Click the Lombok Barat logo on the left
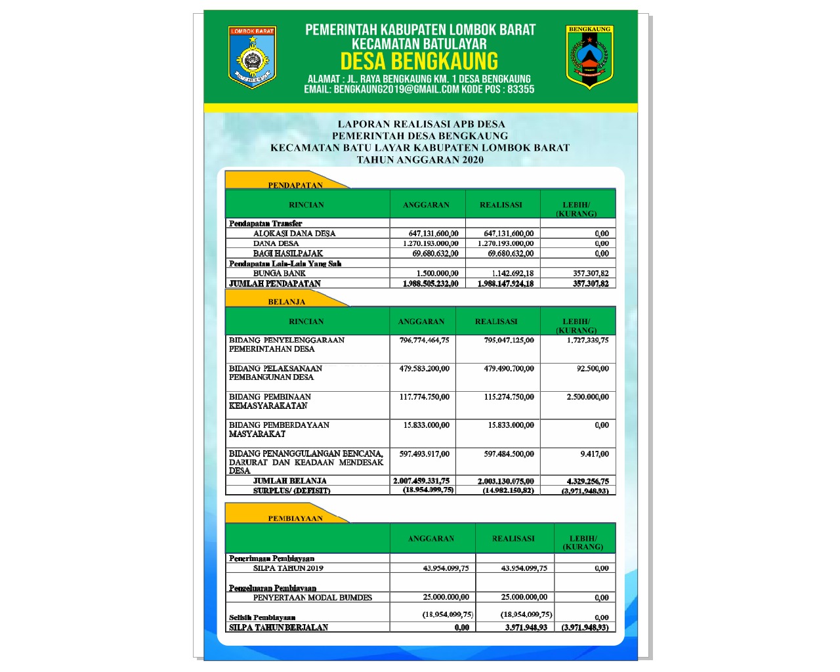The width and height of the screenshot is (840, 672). (x=252, y=57)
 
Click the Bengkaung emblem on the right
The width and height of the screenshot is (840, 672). (x=589, y=57)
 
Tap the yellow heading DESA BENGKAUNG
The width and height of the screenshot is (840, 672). (x=419, y=62)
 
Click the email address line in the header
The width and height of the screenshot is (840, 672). (x=419, y=89)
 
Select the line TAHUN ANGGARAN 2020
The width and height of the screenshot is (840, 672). (x=420, y=159)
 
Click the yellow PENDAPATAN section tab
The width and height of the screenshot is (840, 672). (x=295, y=184)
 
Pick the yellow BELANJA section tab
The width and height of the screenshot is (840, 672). (x=287, y=301)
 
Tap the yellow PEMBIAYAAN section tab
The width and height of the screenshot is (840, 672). (x=295, y=518)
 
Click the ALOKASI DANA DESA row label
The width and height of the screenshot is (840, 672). (x=294, y=234)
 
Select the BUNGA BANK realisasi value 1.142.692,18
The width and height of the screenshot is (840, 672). (x=513, y=274)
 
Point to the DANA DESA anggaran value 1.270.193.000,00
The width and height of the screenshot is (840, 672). (x=430, y=243)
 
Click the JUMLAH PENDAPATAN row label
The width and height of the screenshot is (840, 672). (x=275, y=283)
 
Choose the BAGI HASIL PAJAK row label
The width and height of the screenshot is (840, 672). (x=288, y=253)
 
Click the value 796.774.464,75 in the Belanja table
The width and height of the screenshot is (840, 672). (x=424, y=341)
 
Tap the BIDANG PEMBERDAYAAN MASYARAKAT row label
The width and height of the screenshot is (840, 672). (x=279, y=429)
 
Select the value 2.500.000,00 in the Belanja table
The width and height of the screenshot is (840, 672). (x=587, y=397)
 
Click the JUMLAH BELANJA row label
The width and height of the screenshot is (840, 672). (x=289, y=481)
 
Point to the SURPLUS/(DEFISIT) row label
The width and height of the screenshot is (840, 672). (x=291, y=491)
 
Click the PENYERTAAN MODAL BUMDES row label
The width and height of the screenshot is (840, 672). (x=312, y=598)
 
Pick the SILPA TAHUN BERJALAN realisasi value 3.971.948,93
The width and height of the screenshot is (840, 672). (x=526, y=628)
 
